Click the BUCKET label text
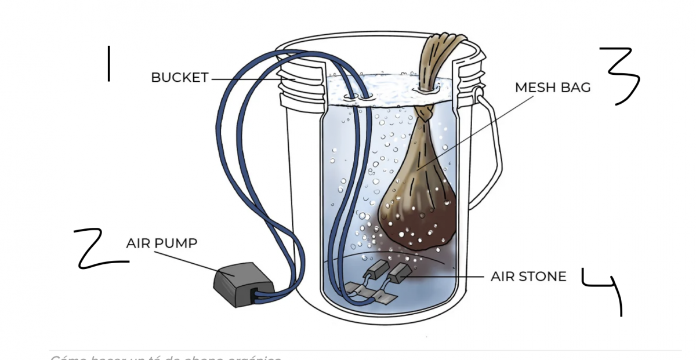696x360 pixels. (179, 78)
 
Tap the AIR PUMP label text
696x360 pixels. (161, 243)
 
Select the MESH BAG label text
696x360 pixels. (553, 88)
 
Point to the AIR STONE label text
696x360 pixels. (528, 277)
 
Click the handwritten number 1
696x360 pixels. (108, 64)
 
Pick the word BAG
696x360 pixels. (578, 88)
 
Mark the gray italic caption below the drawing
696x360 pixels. (165, 357)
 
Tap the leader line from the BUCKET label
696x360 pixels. (249, 79)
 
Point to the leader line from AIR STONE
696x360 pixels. (447, 277)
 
